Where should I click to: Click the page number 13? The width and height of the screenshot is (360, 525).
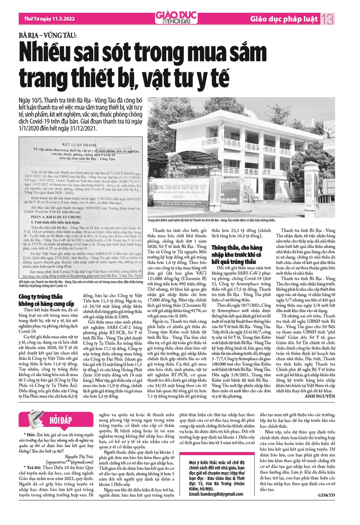328,19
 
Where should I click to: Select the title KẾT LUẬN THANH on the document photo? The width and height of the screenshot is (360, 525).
80,146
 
